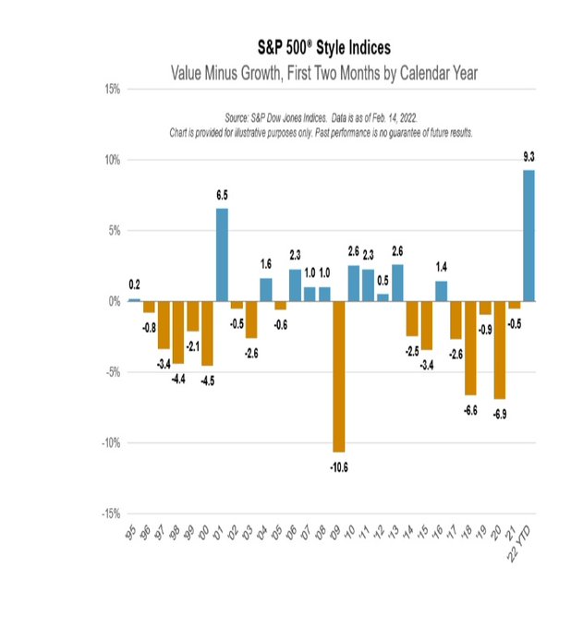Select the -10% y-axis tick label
click(108, 442)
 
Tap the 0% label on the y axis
click(113, 301)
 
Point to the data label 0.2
click(135, 285)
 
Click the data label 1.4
click(442, 268)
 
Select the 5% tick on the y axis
click(113, 231)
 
